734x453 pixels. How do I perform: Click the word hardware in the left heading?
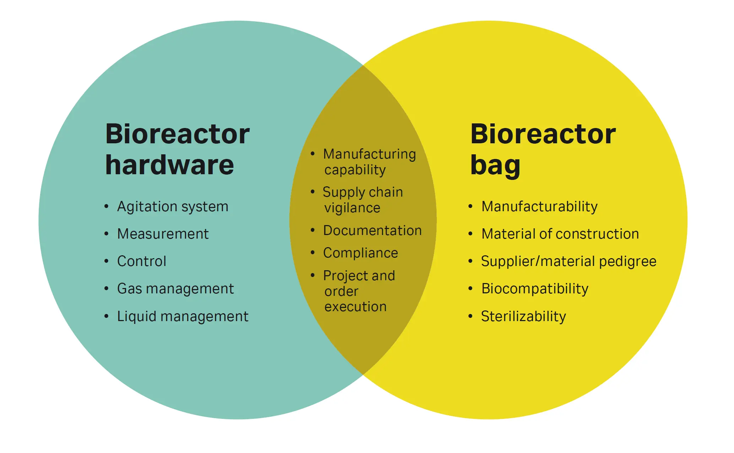(169, 165)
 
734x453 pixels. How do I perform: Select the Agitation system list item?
(173, 207)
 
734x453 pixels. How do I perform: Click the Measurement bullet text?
(163, 234)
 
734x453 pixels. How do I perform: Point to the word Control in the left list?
(141, 261)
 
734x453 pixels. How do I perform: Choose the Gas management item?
(175, 289)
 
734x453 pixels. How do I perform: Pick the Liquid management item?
(183, 316)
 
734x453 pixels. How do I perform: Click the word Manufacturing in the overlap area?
(369, 154)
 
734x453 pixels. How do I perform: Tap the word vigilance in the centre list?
(352, 208)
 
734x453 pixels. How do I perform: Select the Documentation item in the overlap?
(372, 231)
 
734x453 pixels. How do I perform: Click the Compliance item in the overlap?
(360, 253)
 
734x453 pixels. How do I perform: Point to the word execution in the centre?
(355, 307)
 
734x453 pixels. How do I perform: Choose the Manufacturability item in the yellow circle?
(539, 207)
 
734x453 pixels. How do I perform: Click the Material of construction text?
(560, 234)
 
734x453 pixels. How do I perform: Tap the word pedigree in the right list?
(627, 262)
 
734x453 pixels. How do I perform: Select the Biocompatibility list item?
(534, 289)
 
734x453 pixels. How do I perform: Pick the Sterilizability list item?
(523, 316)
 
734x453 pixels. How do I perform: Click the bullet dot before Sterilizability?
(470, 316)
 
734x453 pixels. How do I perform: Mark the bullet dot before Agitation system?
(106, 206)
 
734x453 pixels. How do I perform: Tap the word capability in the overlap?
(355, 170)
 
